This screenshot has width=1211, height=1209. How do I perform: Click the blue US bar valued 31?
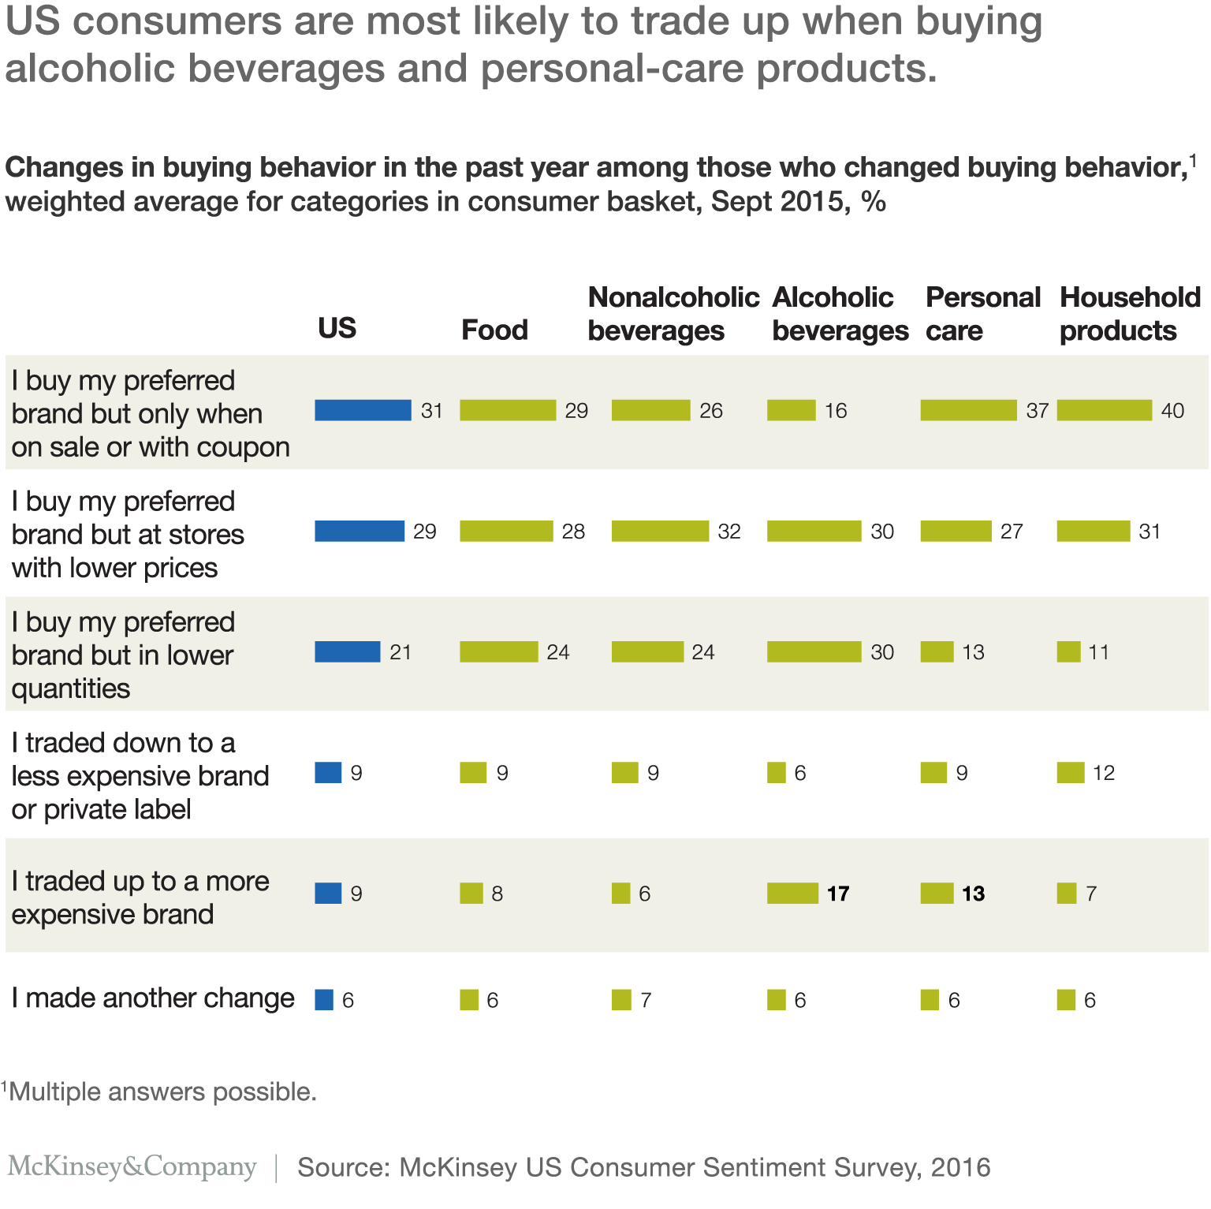click(363, 410)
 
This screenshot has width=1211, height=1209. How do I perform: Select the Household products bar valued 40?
click(1104, 410)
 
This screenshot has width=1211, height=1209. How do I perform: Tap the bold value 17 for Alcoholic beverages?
click(838, 894)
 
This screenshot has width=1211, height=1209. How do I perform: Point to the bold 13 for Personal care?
click(973, 894)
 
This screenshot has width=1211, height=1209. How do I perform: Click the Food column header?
click(494, 330)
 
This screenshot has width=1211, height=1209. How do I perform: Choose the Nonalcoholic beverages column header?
click(673, 314)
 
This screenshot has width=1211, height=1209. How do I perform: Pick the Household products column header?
click(1129, 314)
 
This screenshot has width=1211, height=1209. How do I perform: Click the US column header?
click(337, 328)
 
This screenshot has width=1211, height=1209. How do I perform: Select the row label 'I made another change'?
click(153, 998)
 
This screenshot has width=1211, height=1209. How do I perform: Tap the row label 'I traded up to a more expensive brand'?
click(140, 897)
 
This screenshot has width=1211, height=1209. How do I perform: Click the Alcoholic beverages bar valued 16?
click(791, 410)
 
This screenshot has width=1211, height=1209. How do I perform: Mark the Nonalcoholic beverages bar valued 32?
click(660, 532)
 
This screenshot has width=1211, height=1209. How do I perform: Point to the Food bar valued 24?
click(498, 652)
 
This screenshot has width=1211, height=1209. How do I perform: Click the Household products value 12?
click(1103, 773)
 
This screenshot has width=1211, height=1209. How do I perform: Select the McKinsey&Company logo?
click(132, 1166)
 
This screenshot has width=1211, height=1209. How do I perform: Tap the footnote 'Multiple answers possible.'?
click(162, 1091)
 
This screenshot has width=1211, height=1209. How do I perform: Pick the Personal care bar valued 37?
click(968, 410)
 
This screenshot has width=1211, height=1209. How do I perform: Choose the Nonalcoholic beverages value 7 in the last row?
click(646, 1000)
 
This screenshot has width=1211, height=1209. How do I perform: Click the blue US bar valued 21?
click(347, 652)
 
